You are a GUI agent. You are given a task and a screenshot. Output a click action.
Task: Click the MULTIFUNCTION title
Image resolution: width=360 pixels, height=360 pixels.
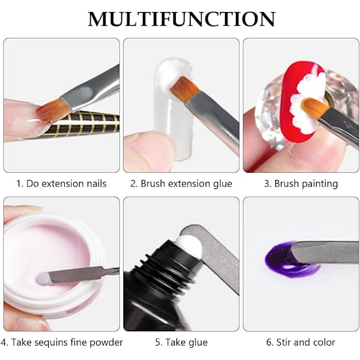181,19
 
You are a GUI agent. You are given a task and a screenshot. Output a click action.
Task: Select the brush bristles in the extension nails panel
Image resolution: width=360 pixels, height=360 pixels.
52,110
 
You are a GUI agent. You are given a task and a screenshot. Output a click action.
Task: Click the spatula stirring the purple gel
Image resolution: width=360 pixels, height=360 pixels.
322,252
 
